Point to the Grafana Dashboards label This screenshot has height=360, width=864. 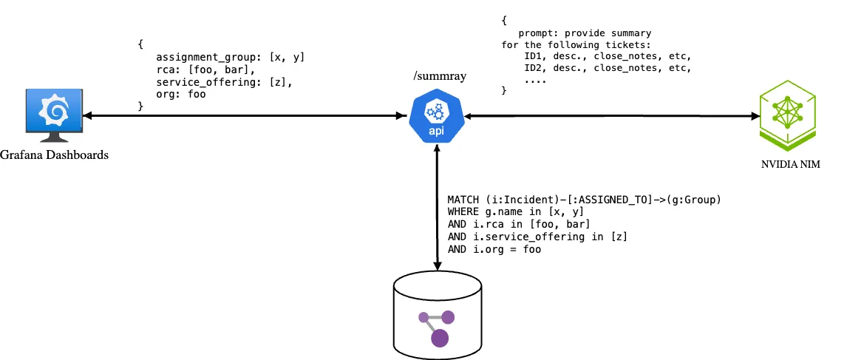click(55, 154)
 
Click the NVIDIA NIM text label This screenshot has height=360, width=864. click(790, 164)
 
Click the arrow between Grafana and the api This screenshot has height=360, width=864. click(244, 115)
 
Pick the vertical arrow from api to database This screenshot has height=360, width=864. click(438, 207)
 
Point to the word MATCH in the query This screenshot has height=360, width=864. click(463, 200)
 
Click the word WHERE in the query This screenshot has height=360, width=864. click(463, 212)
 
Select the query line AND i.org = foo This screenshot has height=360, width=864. click(494, 250)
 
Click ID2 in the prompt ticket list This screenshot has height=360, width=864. click(533, 68)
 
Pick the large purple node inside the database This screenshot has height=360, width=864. click(440, 338)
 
